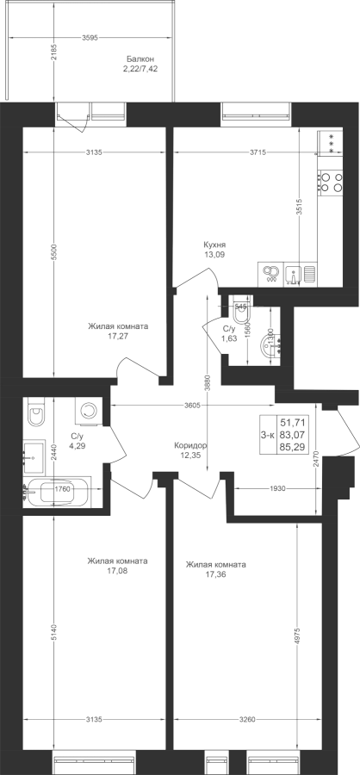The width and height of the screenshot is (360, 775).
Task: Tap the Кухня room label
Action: point(214,245)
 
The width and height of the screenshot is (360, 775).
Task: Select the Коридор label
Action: point(190,445)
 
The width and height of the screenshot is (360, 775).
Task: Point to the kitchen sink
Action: point(300,274)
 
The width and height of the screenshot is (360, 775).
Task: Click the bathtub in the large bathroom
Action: point(59,492)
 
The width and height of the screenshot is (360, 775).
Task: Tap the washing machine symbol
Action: point(89,411)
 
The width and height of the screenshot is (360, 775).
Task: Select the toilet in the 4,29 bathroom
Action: point(35,412)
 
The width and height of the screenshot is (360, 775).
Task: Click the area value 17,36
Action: point(215,575)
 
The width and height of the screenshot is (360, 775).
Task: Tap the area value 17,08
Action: point(118,571)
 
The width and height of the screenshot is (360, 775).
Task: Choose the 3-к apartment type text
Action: point(268,435)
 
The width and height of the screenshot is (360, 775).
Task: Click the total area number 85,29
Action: point(292,448)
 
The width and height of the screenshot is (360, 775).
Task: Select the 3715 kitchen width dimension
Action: point(258,152)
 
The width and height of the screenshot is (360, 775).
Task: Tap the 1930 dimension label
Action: point(277,488)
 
